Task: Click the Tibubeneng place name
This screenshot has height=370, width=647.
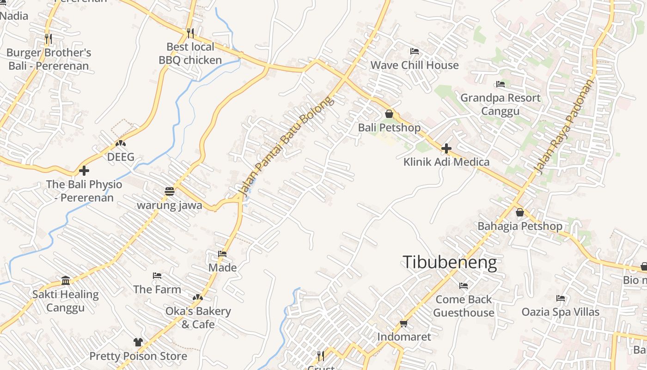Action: click(x=450, y=263)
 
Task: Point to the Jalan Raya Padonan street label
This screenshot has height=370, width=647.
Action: click(x=563, y=127)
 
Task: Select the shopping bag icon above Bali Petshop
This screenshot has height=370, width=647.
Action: click(x=389, y=114)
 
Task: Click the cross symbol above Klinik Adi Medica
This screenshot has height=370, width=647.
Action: click(x=446, y=148)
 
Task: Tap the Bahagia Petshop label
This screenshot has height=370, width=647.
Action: click(x=520, y=226)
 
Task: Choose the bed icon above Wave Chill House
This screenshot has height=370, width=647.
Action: click(x=415, y=51)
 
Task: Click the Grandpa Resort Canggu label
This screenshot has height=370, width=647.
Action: click(x=501, y=105)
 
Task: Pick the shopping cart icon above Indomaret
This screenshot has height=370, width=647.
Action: click(x=404, y=323)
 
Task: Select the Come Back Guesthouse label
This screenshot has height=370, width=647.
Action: click(x=464, y=306)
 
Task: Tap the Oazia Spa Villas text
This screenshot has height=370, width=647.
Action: click(x=561, y=312)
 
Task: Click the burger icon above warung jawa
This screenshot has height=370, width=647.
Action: click(x=170, y=191)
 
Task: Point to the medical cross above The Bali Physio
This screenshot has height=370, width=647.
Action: click(x=84, y=171)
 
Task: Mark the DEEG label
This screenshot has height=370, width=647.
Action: click(x=121, y=157)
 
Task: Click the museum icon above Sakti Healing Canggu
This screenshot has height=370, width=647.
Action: click(x=66, y=281)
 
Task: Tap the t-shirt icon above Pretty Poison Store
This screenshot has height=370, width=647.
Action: click(x=138, y=342)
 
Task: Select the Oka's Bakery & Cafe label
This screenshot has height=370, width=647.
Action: click(x=198, y=317)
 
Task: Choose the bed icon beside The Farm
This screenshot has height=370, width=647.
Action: click(x=157, y=276)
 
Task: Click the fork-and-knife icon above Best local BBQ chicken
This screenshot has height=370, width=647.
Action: click(x=190, y=33)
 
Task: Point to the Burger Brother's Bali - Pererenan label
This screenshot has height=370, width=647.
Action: click(x=49, y=59)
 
